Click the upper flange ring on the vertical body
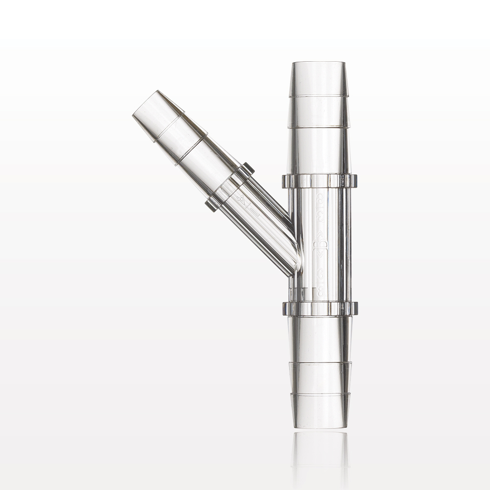coord(319,181)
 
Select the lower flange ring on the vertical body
coord(320,308)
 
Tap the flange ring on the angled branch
coord(229,187)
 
